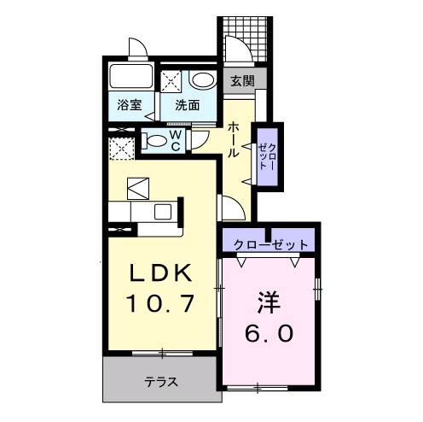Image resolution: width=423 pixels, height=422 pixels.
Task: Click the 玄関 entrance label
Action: point(240,82)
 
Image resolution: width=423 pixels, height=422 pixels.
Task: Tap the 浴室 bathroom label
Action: point(130,106)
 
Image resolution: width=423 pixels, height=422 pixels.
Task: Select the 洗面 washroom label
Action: point(188,106)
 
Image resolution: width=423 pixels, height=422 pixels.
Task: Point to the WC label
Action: point(175,140)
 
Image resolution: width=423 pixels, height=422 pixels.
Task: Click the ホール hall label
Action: point(233,138)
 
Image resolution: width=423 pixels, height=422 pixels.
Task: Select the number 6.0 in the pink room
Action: point(269,334)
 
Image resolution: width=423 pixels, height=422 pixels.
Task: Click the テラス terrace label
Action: point(160,382)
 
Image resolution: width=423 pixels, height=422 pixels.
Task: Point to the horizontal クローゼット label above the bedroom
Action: point(269,244)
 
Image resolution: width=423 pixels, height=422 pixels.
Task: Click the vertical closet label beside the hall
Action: point(267,156)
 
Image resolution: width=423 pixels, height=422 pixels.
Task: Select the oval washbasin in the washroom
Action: point(202,80)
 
